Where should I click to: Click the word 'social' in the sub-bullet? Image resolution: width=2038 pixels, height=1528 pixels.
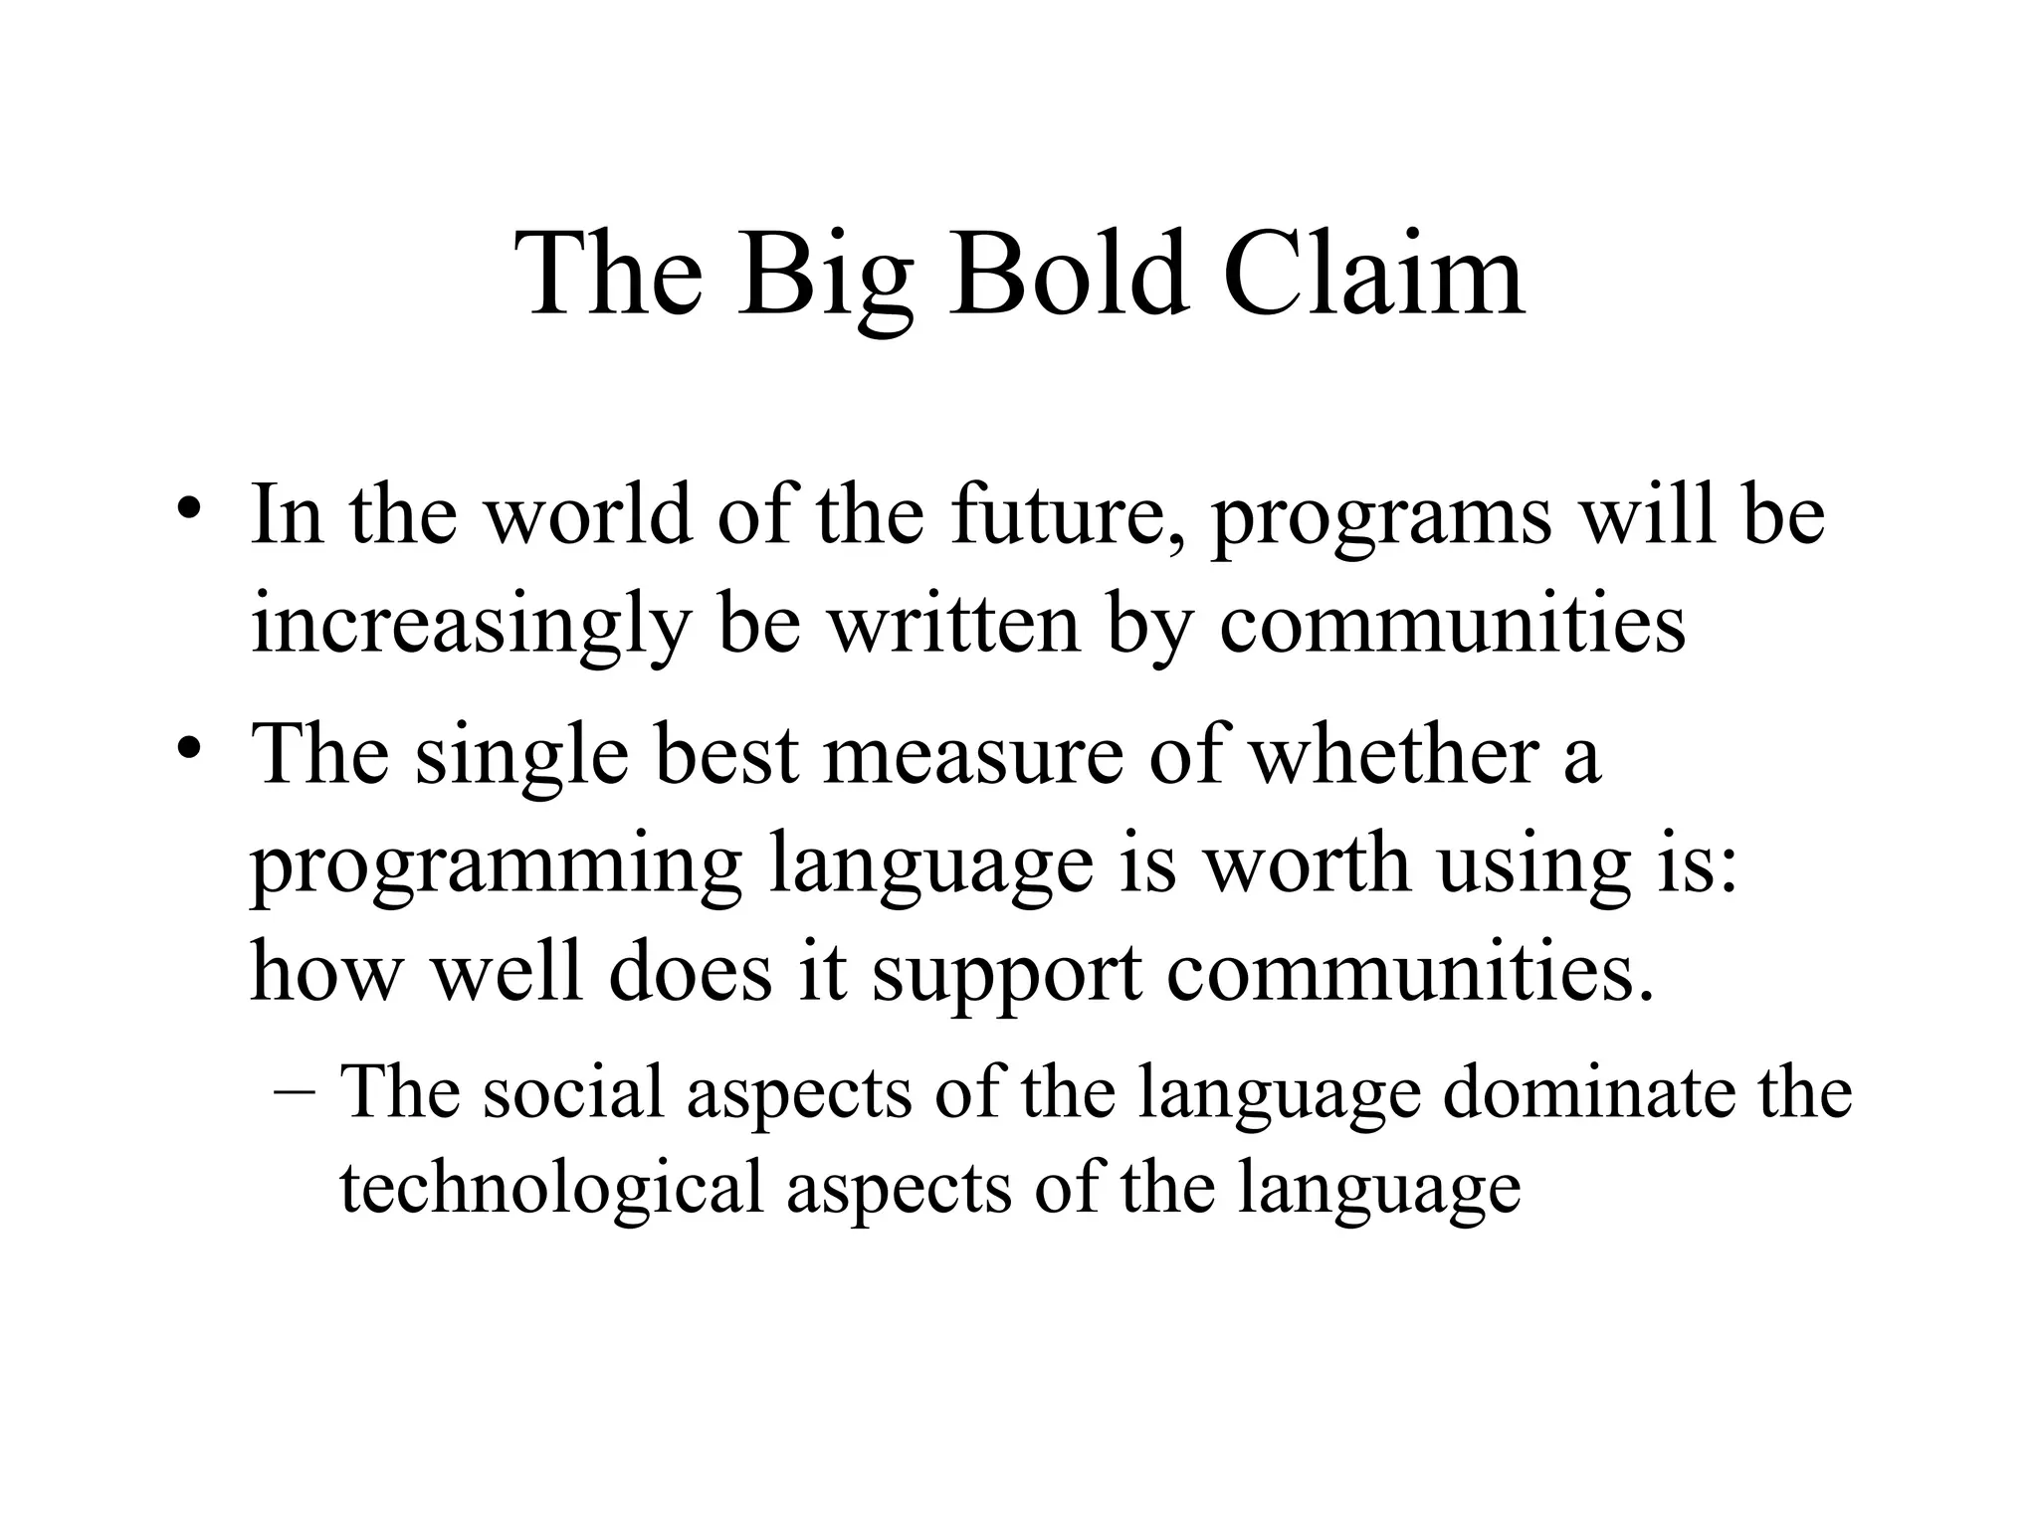coord(572,1092)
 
